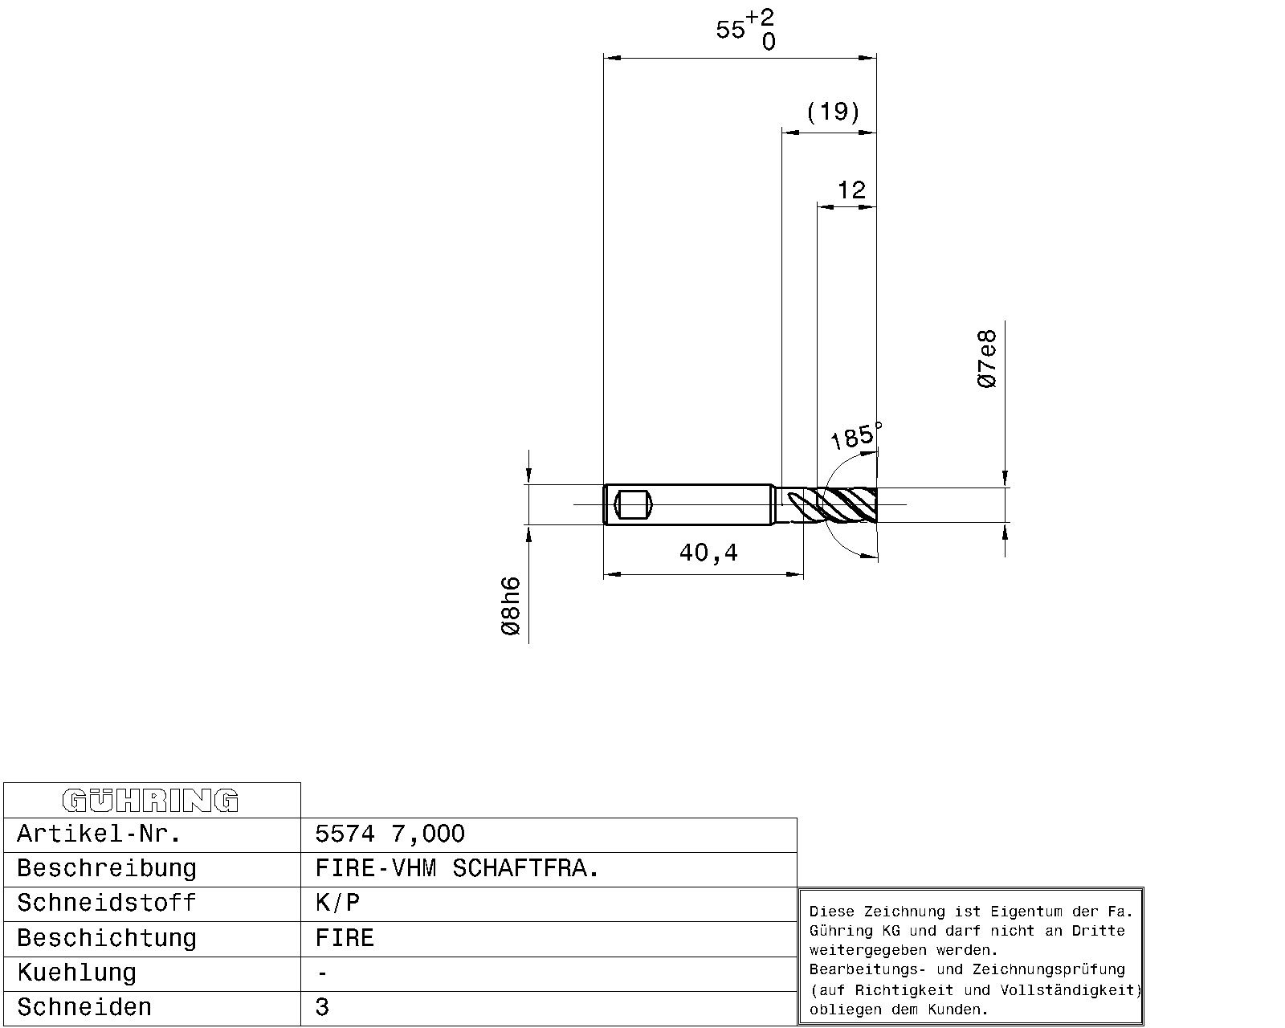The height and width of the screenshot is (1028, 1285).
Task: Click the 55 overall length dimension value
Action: [730, 30]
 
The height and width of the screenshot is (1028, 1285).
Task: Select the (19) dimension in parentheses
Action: [833, 112]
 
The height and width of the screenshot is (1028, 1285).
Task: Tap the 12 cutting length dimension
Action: [851, 190]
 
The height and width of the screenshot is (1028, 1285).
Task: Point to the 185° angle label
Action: [855, 435]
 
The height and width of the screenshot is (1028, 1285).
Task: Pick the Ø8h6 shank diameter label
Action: [511, 606]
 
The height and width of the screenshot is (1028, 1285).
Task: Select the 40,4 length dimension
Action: [709, 553]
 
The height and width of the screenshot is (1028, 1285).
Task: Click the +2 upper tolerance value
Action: [760, 17]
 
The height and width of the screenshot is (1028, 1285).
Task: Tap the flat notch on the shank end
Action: [633, 504]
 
